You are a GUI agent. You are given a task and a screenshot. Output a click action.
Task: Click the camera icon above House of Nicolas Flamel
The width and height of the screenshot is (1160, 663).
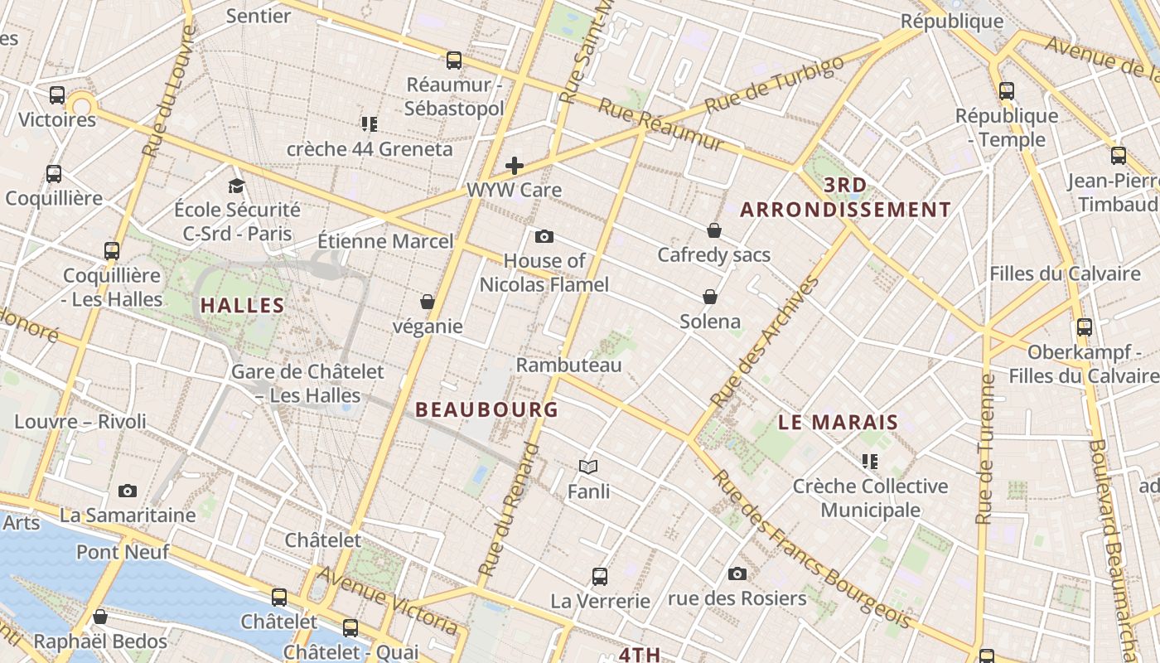click(x=544, y=236)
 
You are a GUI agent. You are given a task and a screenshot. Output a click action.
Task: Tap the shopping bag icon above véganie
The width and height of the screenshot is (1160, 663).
click(x=428, y=301)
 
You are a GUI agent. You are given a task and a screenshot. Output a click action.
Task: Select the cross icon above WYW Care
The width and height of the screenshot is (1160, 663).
click(x=515, y=166)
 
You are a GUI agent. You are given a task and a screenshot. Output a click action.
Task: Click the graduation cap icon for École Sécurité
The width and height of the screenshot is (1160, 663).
click(x=237, y=185)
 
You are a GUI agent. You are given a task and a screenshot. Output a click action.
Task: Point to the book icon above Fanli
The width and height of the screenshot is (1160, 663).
click(x=588, y=467)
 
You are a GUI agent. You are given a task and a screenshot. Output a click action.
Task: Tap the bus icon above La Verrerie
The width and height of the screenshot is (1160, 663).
click(x=600, y=576)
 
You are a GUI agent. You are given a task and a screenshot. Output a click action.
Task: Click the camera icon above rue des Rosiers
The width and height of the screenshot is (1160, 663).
click(x=737, y=573)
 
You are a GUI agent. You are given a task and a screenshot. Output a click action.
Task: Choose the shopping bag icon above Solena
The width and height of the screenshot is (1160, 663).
click(x=710, y=297)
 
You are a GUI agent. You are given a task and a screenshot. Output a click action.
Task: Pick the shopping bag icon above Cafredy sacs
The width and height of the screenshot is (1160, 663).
click(x=713, y=230)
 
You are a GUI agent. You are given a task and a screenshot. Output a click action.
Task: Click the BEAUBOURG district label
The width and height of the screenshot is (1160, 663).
click(x=486, y=409)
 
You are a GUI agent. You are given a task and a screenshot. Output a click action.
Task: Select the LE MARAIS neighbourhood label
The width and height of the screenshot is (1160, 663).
click(x=838, y=422)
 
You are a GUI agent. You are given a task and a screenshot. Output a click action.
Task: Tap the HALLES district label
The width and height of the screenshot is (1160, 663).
click(x=243, y=305)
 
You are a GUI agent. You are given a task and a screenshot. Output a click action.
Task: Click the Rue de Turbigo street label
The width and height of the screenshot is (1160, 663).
click(x=774, y=85)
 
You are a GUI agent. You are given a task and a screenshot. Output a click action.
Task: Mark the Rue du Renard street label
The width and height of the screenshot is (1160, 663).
click(x=509, y=510)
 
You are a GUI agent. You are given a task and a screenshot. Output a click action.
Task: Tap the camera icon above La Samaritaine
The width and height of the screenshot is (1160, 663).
click(x=127, y=491)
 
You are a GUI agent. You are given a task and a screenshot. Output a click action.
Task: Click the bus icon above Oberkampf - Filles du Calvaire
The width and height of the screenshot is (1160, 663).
click(x=1084, y=327)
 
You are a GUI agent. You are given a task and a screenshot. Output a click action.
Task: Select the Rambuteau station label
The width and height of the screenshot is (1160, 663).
click(x=568, y=365)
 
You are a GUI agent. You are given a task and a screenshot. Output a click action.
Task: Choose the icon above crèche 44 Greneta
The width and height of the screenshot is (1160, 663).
click(x=370, y=124)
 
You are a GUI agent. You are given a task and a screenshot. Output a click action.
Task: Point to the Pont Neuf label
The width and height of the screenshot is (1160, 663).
click(x=123, y=551)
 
